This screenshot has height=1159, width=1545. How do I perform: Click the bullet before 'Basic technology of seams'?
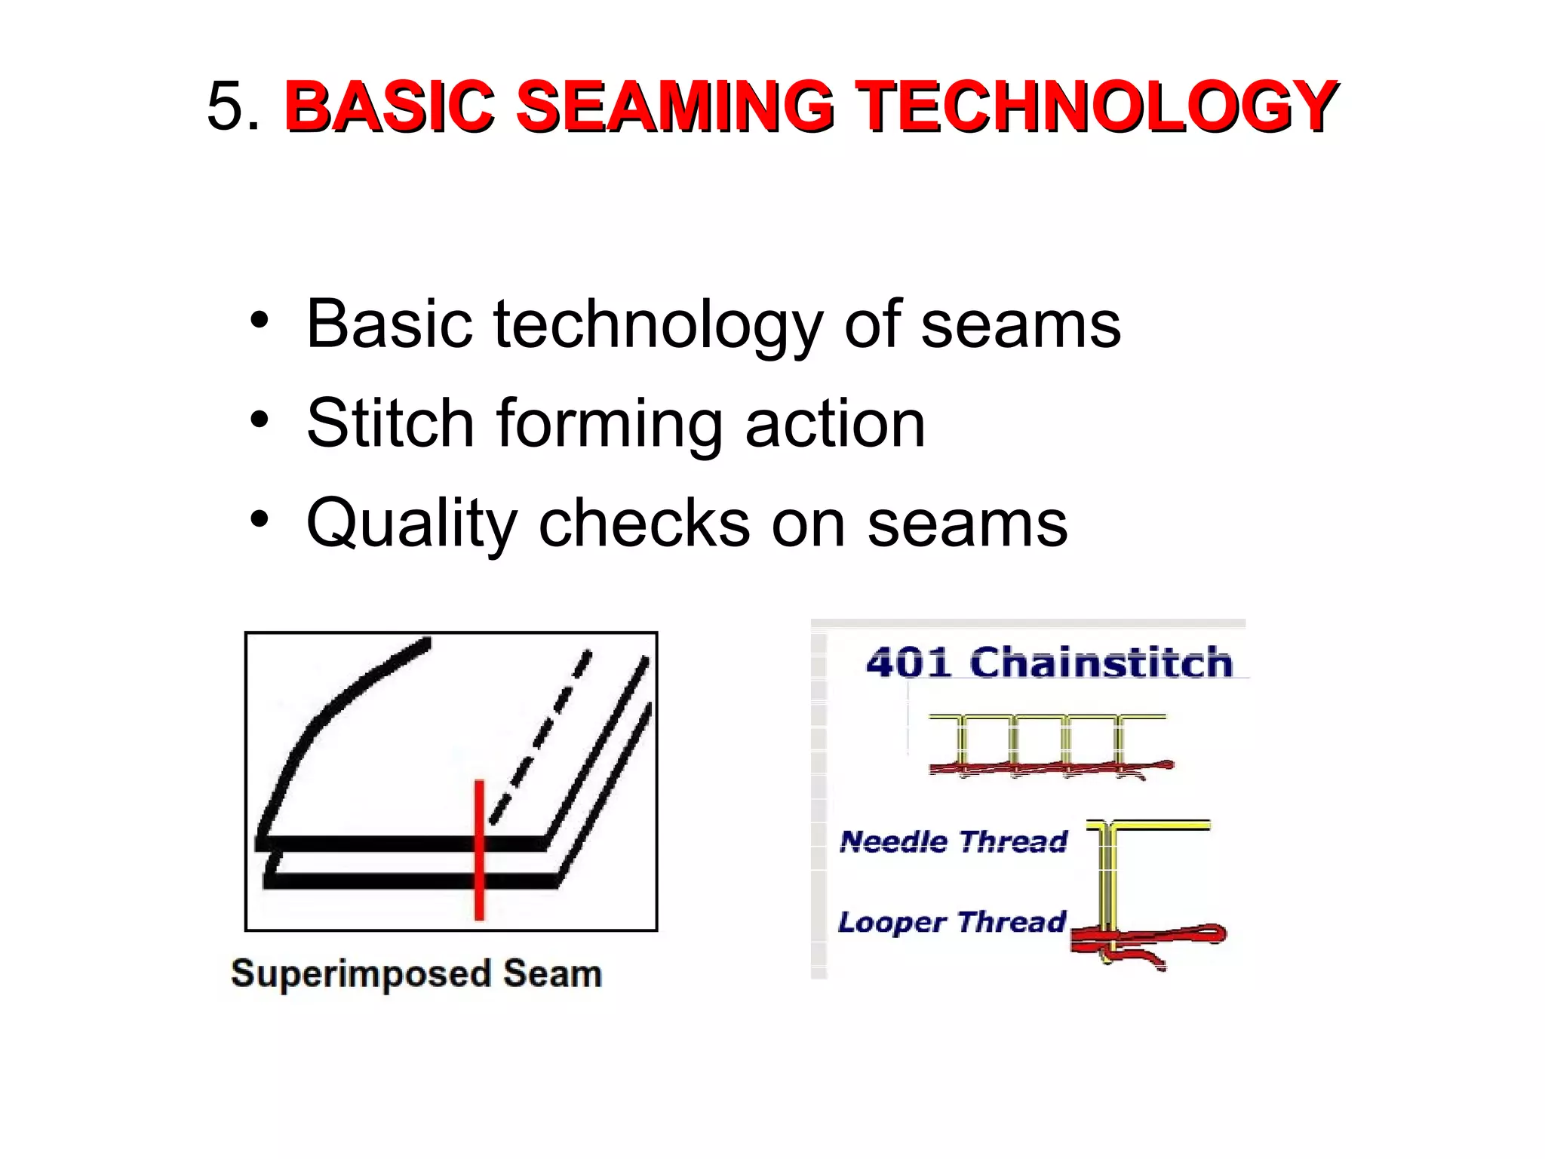click(260, 320)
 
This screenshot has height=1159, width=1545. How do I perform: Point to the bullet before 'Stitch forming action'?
click(260, 420)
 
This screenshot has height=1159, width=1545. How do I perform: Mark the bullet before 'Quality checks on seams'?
click(260, 519)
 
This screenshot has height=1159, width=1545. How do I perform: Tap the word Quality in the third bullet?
click(411, 524)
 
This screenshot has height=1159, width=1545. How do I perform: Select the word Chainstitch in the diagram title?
click(1101, 662)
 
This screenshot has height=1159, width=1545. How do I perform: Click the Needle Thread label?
click(954, 841)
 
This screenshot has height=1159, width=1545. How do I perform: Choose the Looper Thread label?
click(951, 921)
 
